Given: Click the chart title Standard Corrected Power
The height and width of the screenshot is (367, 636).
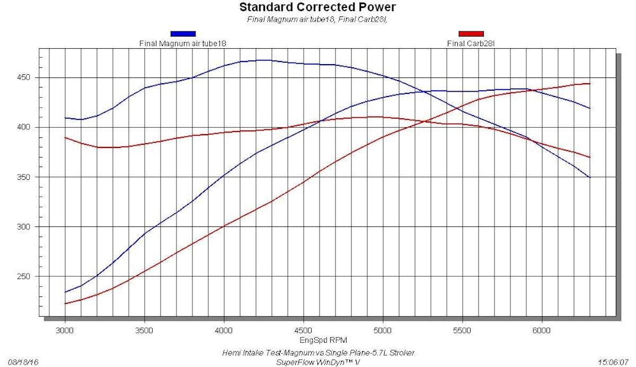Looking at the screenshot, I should click(317, 7).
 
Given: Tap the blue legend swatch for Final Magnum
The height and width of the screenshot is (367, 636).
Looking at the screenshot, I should click(183, 33).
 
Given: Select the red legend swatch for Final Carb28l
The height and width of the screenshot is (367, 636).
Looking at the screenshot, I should click(471, 33).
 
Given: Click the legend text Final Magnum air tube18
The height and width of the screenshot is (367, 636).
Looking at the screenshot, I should click(183, 43).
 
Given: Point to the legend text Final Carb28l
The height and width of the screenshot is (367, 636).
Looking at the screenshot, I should click(471, 43).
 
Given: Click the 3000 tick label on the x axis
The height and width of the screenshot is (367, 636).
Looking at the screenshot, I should click(65, 330).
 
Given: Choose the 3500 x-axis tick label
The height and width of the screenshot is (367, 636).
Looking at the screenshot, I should click(144, 330).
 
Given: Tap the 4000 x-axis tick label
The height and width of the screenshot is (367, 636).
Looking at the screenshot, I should click(224, 330).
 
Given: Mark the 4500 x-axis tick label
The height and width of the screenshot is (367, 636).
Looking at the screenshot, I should click(303, 330).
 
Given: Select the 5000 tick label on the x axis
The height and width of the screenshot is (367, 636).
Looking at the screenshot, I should click(383, 330).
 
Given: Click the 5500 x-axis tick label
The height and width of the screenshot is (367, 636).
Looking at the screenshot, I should click(462, 330).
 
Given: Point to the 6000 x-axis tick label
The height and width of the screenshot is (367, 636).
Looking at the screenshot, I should click(542, 330).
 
